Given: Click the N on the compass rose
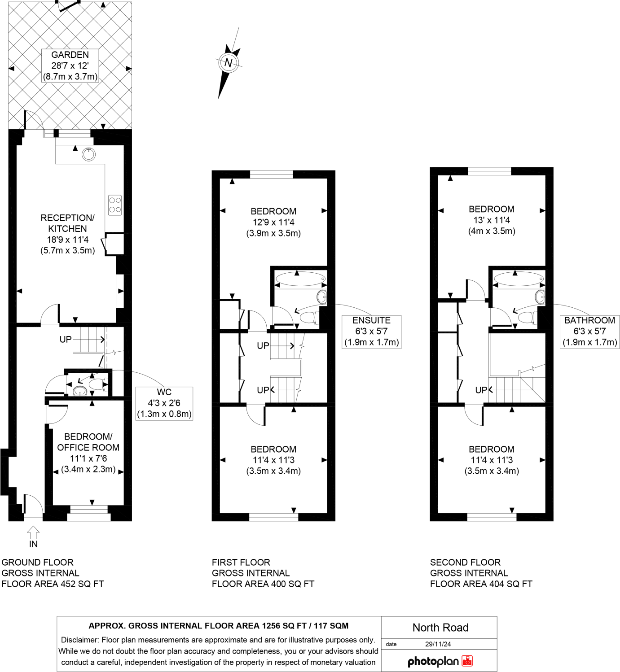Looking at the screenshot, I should pyautogui.click(x=229, y=63).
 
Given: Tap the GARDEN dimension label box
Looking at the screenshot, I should pyautogui.click(x=70, y=65).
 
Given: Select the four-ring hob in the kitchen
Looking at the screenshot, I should pyautogui.click(x=115, y=205).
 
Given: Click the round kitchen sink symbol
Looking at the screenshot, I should pyautogui.click(x=89, y=154).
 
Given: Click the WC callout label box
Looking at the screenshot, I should pyautogui.click(x=164, y=403).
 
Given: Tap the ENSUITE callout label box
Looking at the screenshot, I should pyautogui.click(x=371, y=332).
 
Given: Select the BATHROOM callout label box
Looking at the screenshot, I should pyautogui.click(x=589, y=332).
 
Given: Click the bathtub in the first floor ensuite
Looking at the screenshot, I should pyautogui.click(x=300, y=279).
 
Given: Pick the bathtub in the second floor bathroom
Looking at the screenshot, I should pyautogui.click(x=519, y=279).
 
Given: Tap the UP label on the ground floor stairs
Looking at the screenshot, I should pyautogui.click(x=66, y=340).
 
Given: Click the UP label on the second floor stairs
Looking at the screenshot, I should pyautogui.click(x=481, y=390).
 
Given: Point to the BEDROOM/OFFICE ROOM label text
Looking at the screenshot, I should pyautogui.click(x=88, y=442).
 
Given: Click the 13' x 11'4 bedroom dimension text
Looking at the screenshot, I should pyautogui.click(x=492, y=220).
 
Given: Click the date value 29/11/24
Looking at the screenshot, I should pyautogui.click(x=438, y=644).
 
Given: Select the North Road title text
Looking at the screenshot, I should pyautogui.click(x=440, y=628).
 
